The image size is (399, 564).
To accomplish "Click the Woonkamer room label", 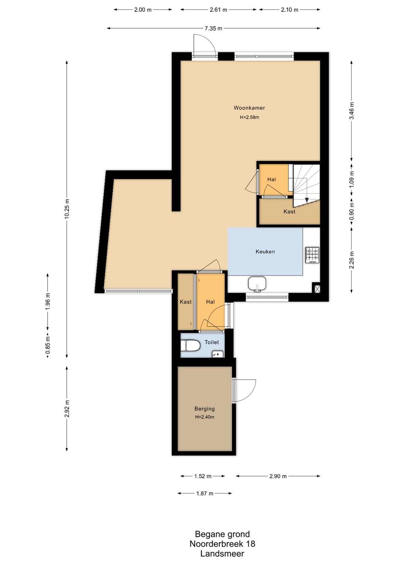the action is click(249, 108).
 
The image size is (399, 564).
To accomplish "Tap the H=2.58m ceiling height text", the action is click(249, 117).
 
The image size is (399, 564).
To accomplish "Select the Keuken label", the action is click(265, 251).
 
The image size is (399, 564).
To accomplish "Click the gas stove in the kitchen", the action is click(313, 255).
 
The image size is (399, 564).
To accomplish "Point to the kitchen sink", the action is click(257, 284).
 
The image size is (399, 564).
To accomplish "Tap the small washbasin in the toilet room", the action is click(218, 354).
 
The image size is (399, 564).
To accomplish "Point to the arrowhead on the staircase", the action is click(307, 200).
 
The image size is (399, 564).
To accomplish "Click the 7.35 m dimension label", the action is click(213, 28).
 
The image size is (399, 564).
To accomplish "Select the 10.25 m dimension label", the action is click(67, 209).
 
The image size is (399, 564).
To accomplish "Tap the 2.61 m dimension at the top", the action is click(218, 10).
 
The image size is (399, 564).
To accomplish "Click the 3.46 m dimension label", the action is click(352, 111).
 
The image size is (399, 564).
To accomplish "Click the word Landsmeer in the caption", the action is click(222, 553).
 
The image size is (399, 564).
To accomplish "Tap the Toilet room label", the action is click(212, 342).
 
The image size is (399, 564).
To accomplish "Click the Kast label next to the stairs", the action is click(289, 211).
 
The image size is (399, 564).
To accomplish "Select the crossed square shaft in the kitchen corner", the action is click(316, 287).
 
